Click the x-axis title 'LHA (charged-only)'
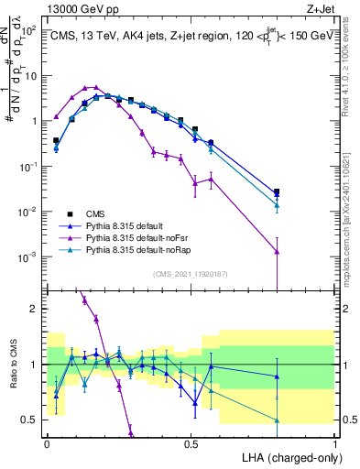pos(286,456)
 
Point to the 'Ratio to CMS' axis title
pos(12,365)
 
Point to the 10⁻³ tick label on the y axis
pos(29,257)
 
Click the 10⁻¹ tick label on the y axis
pos(29,167)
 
